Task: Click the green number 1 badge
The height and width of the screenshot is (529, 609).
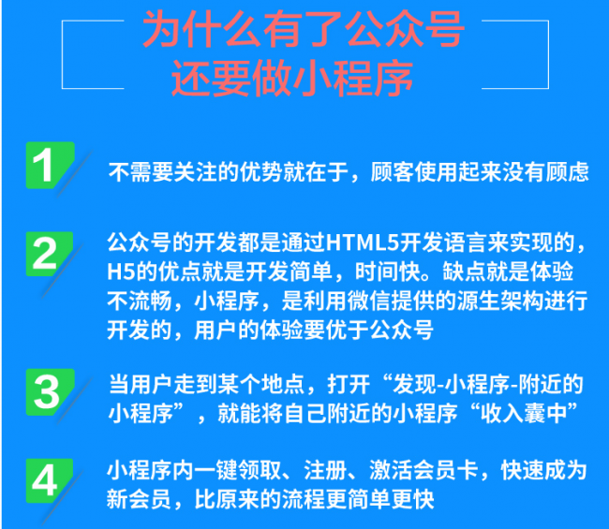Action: pyautogui.click(x=50, y=165)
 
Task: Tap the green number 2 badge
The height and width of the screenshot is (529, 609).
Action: pyautogui.click(x=49, y=254)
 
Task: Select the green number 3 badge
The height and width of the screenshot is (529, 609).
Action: pyautogui.click(x=50, y=392)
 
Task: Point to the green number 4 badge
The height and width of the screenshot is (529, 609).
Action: pyautogui.click(x=49, y=480)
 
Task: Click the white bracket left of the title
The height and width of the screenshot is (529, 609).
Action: pyautogui.click(x=62, y=54)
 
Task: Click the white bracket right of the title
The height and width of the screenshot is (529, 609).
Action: pyautogui.click(x=548, y=54)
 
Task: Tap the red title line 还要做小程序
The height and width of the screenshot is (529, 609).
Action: pyautogui.click(x=292, y=79)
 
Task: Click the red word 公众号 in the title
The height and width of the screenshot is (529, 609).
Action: pyautogui.click(x=404, y=29)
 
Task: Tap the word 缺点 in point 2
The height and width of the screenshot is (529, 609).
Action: pyautogui.click(x=464, y=272)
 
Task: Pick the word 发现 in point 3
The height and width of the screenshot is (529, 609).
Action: pyautogui.click(x=414, y=384)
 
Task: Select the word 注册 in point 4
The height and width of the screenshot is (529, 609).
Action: pyautogui.click(x=325, y=470)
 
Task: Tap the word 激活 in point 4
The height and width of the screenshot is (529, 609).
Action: pyautogui.click(x=391, y=470)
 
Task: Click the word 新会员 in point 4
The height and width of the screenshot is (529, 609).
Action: pyautogui.click(x=139, y=499)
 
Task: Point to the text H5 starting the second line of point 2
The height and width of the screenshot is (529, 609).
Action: pyautogui.click(x=121, y=272)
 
